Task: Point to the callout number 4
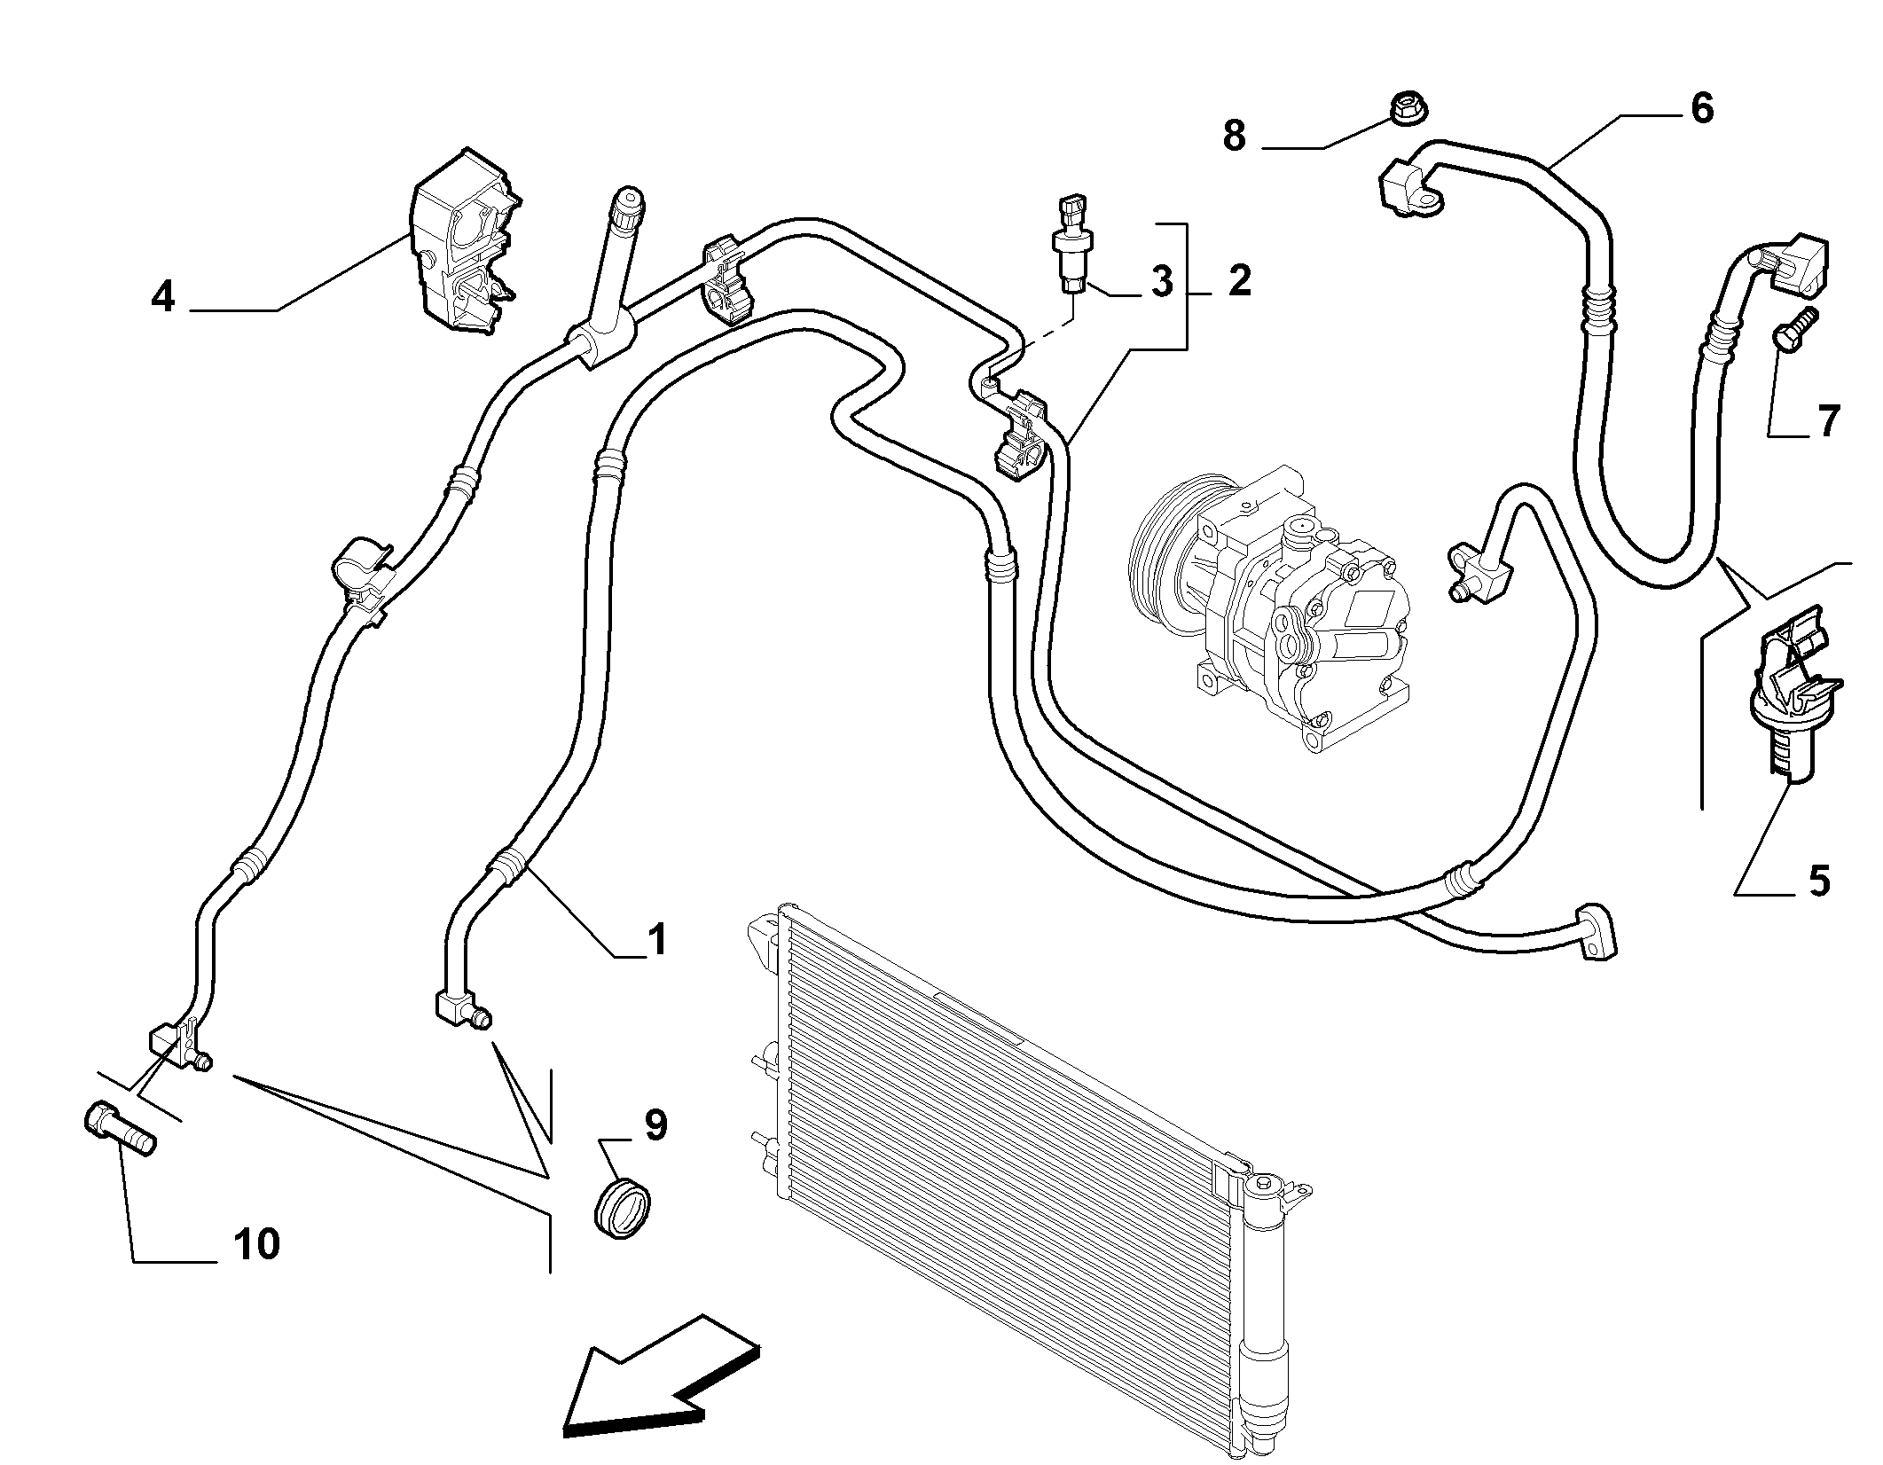point(163,296)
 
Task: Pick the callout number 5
point(1818,881)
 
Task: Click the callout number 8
point(1234,136)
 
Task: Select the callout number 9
point(655,1125)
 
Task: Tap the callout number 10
point(257,1244)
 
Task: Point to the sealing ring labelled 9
point(622,1206)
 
